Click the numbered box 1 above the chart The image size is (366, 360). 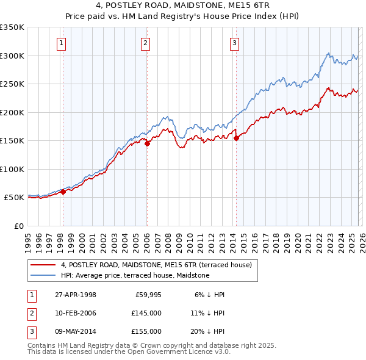pos(62,43)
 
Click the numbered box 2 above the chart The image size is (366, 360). pos(146,43)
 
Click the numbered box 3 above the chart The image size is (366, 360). pos(235,43)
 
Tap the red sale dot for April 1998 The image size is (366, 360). pos(63,192)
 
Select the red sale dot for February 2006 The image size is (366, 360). pos(147,143)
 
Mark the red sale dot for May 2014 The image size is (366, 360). pos(236,138)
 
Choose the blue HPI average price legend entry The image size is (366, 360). pos(135,275)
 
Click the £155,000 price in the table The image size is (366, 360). pos(146,331)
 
